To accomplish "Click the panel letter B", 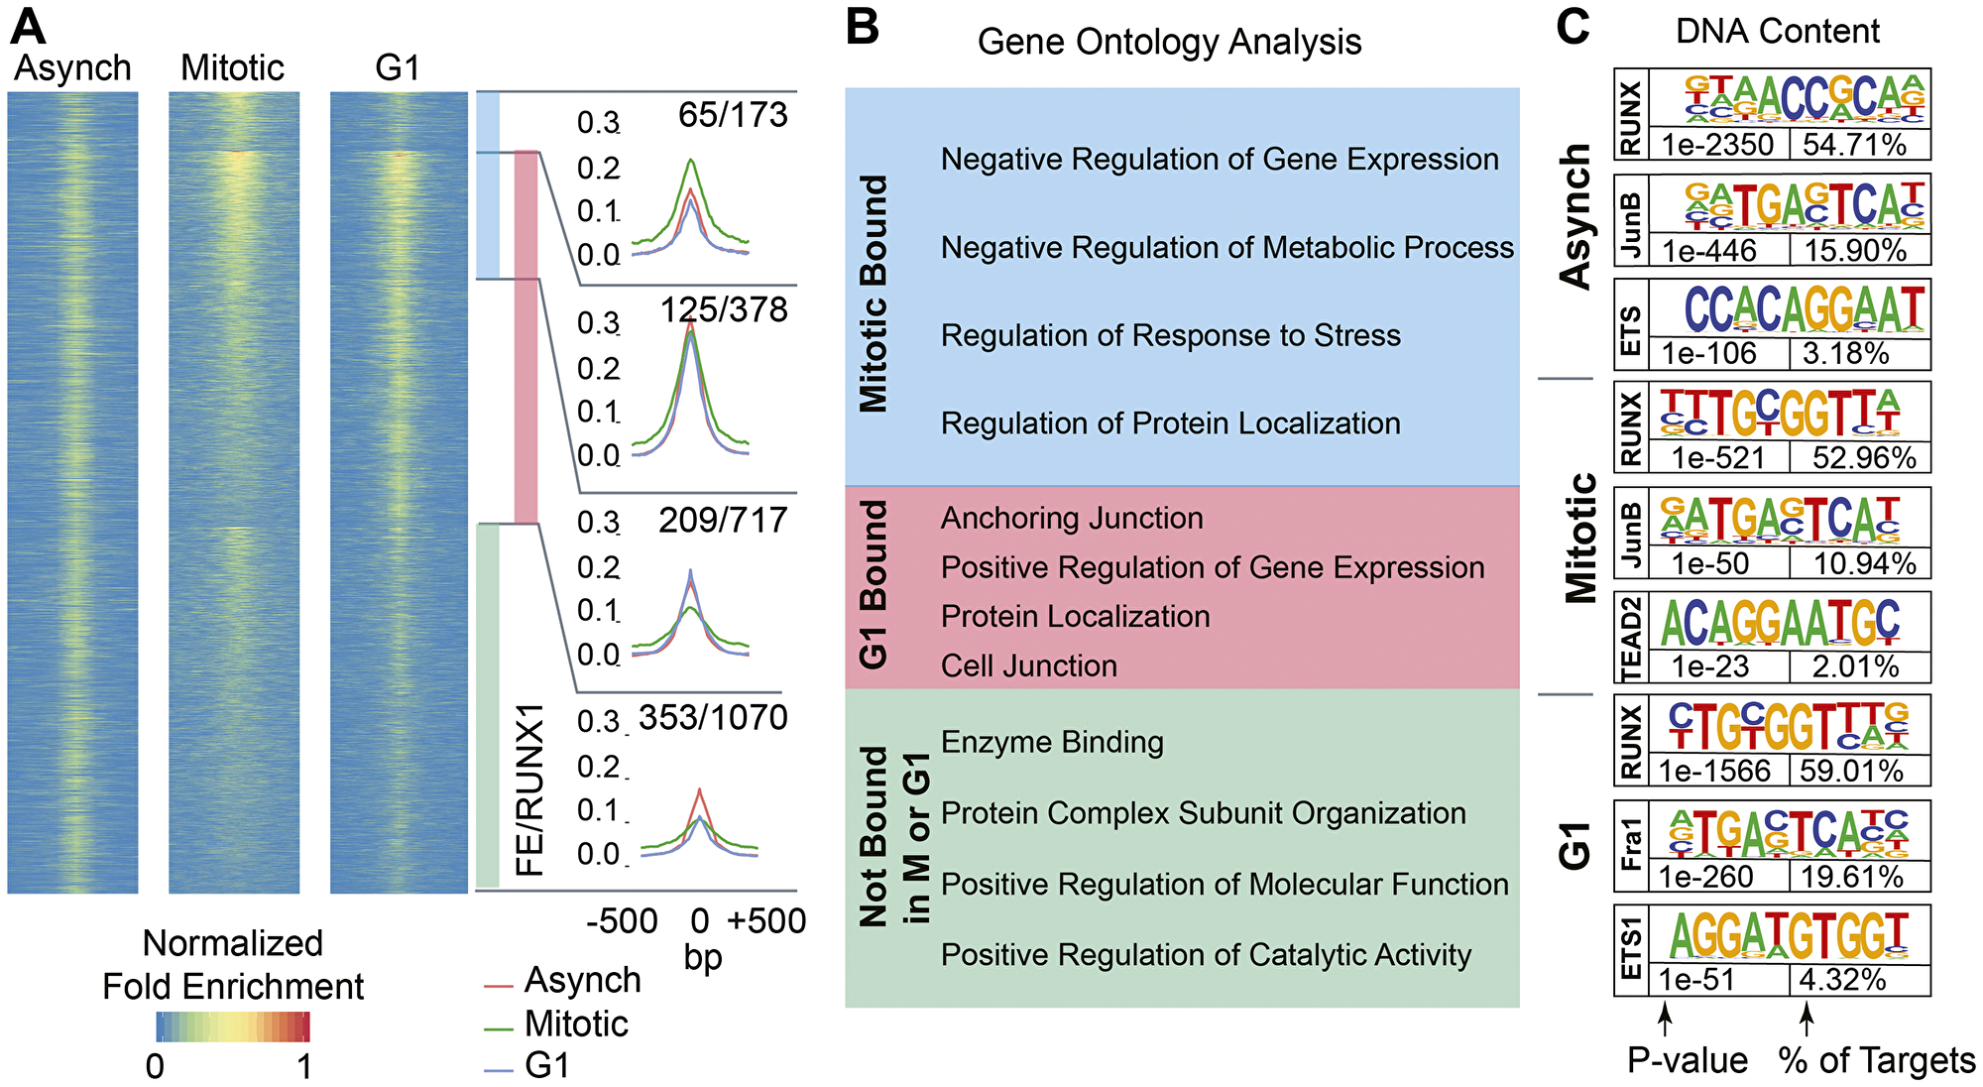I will (x=863, y=27).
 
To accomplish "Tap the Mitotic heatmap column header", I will (x=232, y=67).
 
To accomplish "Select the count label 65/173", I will (x=733, y=115).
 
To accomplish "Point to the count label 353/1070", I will (x=713, y=717).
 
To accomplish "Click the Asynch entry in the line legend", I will (x=582, y=980).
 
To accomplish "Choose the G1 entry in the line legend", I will (x=547, y=1065).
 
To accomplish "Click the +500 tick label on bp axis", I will (x=766, y=920).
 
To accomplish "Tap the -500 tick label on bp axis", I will (x=622, y=920).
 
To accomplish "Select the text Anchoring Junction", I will (x=1072, y=518).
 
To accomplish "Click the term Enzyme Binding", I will (x=1052, y=742).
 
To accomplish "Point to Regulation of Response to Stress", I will (x=1170, y=335).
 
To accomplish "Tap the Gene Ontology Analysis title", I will (x=1169, y=42).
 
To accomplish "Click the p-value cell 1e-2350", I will (x=1717, y=145).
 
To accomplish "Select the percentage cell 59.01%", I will (x=1851, y=771).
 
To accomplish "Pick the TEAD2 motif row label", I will (x=1631, y=638).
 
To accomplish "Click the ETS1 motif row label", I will (x=1631, y=949).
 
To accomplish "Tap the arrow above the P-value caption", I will (x=1666, y=1019).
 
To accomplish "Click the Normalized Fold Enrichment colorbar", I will (x=233, y=1027).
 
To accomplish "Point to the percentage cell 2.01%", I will (x=1855, y=666).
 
